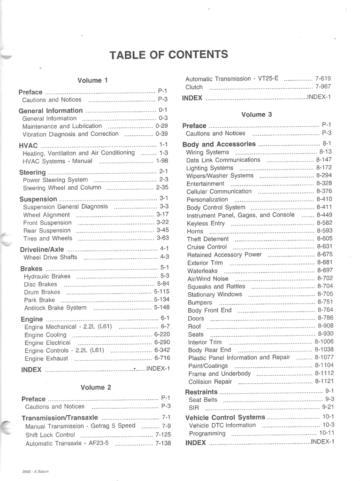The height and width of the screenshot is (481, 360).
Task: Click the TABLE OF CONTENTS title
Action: tap(169, 54)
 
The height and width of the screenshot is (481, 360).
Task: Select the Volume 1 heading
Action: tap(92, 80)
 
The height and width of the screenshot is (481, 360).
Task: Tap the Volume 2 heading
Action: tap(96, 388)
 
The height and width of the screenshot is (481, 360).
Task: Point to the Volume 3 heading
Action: tap(256, 114)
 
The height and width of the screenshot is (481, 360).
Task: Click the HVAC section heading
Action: tap(29, 145)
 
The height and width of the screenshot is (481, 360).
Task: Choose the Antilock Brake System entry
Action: tap(55, 308)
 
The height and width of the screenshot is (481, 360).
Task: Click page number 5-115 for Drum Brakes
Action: tap(161, 291)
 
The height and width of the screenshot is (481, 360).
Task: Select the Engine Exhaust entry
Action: tap(46, 358)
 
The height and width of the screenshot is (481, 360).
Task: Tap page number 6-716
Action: tap(162, 357)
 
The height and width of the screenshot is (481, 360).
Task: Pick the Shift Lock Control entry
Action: tap(50, 435)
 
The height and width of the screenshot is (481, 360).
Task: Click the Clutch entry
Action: tap(194, 87)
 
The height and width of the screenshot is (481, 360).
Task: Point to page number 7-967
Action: tap(323, 86)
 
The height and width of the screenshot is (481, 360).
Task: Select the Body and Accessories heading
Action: tap(219, 144)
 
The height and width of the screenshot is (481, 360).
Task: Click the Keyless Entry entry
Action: tap(206, 223)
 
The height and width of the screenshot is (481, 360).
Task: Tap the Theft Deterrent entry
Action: tap(208, 239)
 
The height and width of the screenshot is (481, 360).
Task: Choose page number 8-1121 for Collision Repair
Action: tap(324, 381)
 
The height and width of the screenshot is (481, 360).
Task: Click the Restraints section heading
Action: tap(201, 392)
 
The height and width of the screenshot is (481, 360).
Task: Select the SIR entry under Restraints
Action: tap(194, 408)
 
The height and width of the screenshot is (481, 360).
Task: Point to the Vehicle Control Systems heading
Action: tap(225, 417)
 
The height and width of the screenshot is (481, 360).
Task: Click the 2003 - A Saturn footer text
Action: tap(35, 471)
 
